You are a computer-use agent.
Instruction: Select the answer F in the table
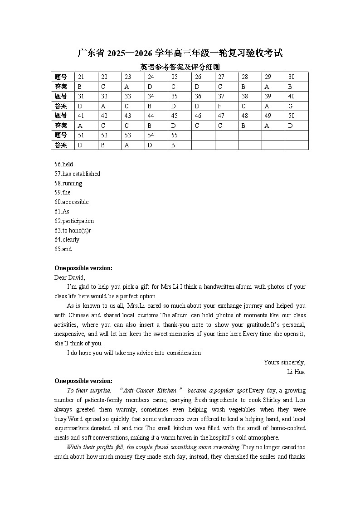coord(220,106)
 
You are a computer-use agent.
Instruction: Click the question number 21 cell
coord(81,77)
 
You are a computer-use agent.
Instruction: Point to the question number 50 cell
coord(291,116)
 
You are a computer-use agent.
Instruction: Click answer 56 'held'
coord(63,164)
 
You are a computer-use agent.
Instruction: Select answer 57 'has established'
coord(77,174)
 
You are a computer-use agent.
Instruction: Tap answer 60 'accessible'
coord(71,202)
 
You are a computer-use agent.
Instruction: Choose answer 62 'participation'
coord(74,221)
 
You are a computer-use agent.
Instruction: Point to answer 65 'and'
coord(63,249)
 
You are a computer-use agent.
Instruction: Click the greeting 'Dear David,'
coord(69,277)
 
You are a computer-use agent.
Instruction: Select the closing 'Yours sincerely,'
coord(284,362)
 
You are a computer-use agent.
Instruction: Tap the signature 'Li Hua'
coord(296,372)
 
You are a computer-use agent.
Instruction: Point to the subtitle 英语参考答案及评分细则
coord(180,67)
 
